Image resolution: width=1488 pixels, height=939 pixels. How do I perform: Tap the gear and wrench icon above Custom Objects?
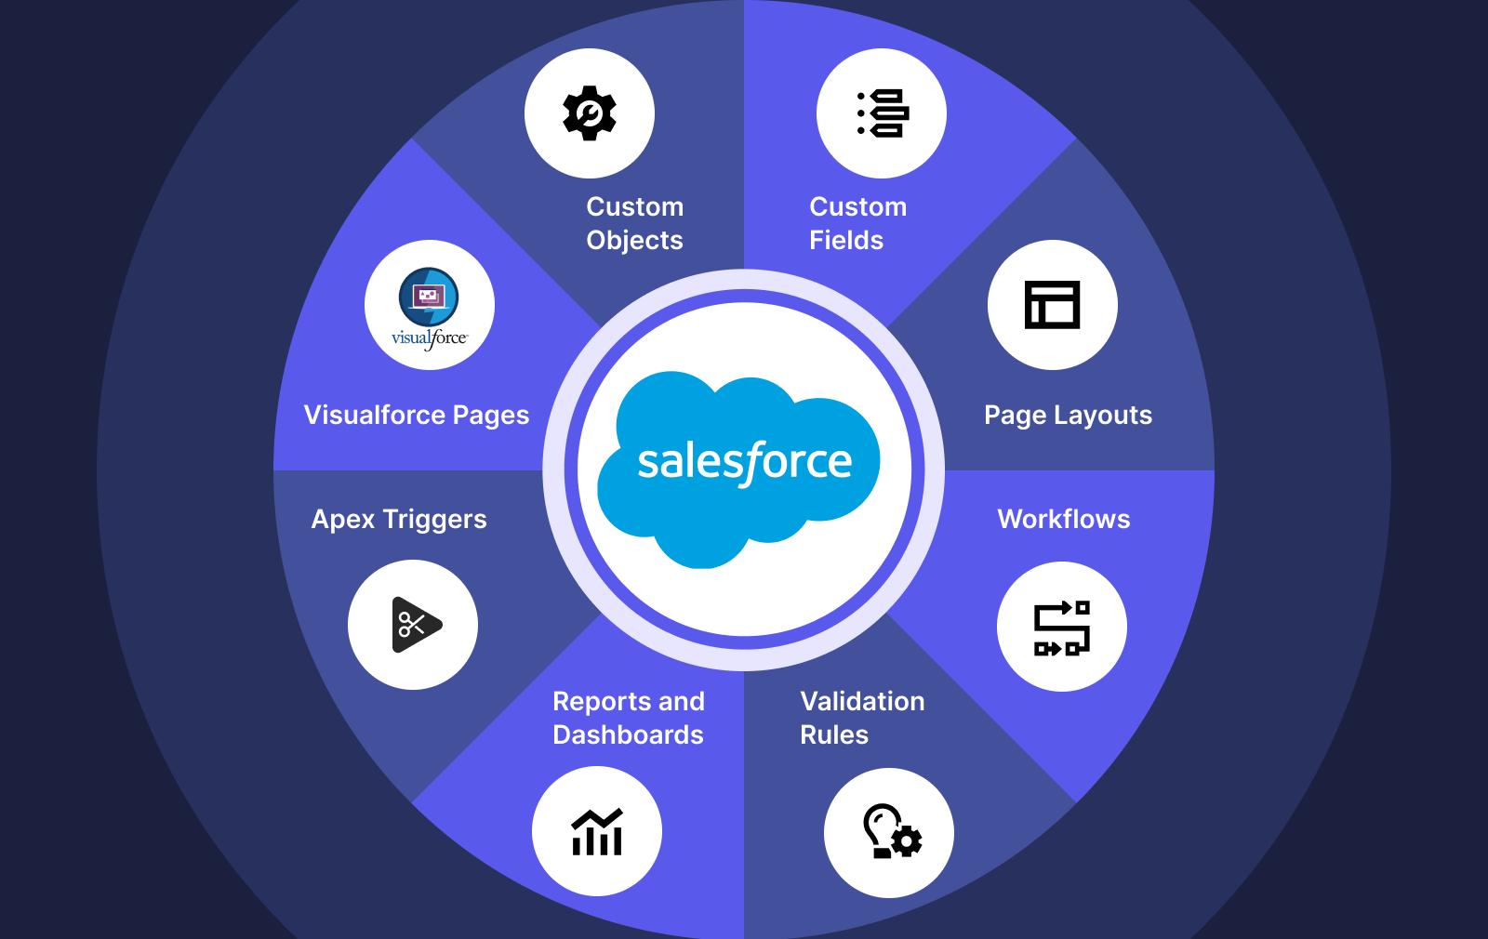[x=590, y=113]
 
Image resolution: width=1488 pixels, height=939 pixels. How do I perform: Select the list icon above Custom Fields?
[x=882, y=113]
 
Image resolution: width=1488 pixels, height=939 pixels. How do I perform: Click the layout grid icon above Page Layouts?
[x=1052, y=305]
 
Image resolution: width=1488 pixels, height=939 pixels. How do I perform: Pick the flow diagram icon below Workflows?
[x=1061, y=627]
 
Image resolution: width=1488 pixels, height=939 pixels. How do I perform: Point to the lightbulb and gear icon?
[x=889, y=832]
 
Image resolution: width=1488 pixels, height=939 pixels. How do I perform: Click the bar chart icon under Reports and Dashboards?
[x=597, y=831]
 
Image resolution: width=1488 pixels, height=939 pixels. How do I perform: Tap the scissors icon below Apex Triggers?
[x=414, y=625]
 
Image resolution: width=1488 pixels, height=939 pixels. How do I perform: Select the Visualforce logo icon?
[x=430, y=306]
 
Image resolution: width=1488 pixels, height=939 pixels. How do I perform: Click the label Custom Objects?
[x=634, y=223]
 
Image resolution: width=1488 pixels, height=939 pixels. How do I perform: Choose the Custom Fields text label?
[x=857, y=223]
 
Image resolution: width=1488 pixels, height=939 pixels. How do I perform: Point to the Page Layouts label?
[x=1068, y=415]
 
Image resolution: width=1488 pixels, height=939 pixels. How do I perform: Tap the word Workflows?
[x=1064, y=519]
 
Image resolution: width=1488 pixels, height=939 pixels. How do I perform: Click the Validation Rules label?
[x=862, y=718]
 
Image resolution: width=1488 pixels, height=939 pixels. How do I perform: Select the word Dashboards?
[x=628, y=734]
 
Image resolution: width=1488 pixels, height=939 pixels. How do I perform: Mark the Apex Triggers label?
[x=399, y=519]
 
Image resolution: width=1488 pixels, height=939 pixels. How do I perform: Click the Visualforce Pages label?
[x=417, y=415]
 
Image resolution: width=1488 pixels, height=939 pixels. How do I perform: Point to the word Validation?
[x=862, y=701]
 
